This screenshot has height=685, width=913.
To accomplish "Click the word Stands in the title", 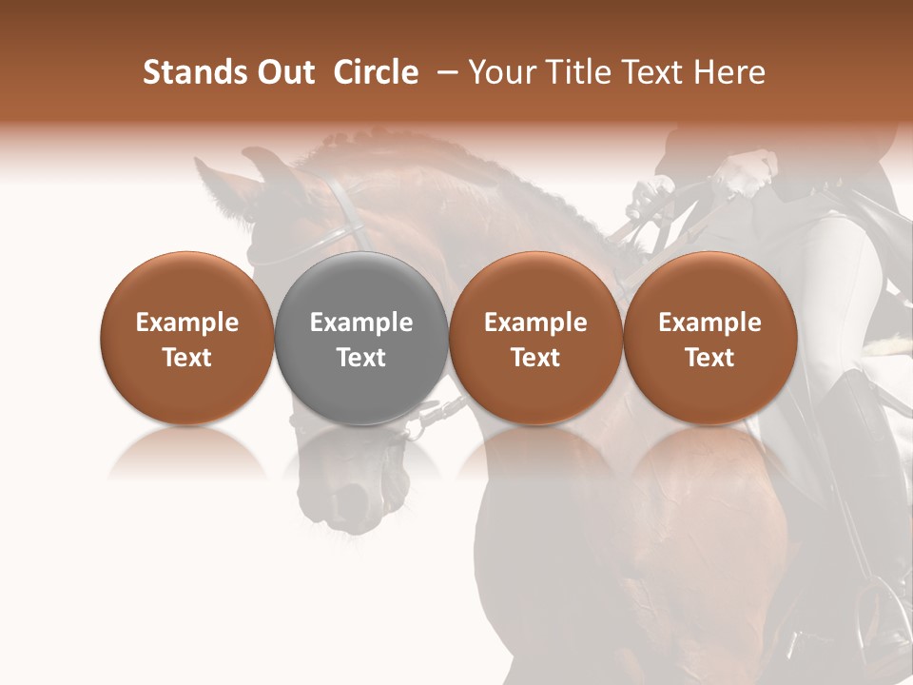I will point(186,73).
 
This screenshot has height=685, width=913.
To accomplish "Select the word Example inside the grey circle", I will point(361,323).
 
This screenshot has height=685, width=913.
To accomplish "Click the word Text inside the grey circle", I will point(361,358).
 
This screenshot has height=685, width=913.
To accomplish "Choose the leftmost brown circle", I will point(187,338).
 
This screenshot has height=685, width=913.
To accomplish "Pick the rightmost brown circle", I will point(710,338).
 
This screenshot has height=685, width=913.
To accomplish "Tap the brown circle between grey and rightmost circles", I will point(535,338).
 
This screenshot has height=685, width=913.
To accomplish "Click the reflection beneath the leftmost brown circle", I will point(187,457).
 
